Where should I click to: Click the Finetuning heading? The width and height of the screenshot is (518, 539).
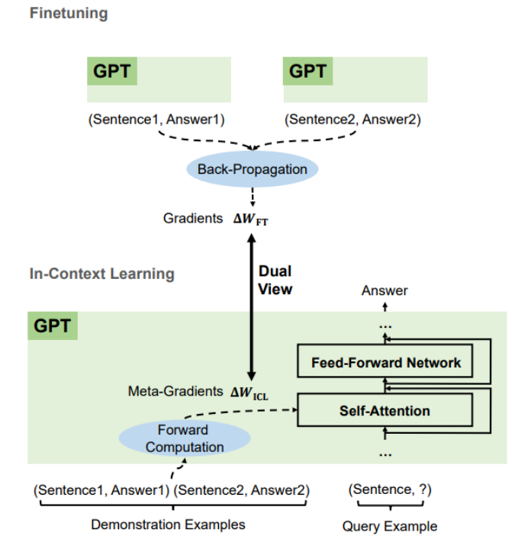coord(69,13)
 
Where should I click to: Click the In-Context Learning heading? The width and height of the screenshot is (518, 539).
coord(101,273)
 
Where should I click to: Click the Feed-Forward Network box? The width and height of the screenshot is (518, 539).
coord(386,363)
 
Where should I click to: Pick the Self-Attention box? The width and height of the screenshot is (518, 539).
coord(384,411)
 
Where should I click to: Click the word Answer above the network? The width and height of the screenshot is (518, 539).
coord(384,290)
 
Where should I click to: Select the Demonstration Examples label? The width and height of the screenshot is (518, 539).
coord(168,525)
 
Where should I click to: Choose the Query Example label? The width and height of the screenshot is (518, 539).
coord(389,526)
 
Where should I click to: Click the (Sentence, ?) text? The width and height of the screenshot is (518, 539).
coord(389,490)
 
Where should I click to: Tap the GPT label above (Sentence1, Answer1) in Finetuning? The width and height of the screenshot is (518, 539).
coord(112,73)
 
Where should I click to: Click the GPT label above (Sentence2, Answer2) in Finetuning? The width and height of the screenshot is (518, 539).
coord(308,73)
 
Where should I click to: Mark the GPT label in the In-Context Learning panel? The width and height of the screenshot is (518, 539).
coord(53,326)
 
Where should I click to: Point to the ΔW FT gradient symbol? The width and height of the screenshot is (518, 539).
coord(251,219)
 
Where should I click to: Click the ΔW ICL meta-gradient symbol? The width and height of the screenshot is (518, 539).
coord(251,393)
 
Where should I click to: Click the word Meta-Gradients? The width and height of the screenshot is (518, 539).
coord(176,393)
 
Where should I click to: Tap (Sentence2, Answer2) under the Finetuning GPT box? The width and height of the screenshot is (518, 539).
coord(352,119)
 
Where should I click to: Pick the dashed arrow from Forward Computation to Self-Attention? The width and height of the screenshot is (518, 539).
coord(259,412)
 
